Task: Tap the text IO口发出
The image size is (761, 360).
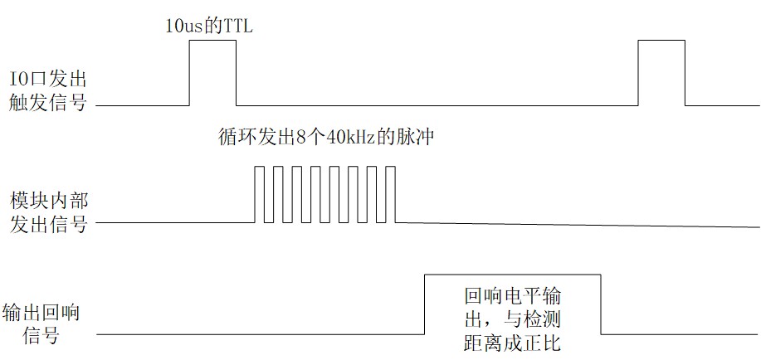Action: tap(47, 80)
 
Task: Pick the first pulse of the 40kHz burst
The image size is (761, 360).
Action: tap(260, 194)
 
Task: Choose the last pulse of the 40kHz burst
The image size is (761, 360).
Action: tap(391, 194)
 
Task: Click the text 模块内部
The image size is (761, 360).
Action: tap(47, 200)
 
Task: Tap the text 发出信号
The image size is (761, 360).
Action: tap(47, 224)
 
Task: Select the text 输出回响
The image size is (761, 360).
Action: tap(47, 312)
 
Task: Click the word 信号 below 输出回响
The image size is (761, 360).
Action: tap(47, 336)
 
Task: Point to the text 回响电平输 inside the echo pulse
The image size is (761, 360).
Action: tap(512, 295)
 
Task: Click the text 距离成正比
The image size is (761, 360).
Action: tap(512, 341)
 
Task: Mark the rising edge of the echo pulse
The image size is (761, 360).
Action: tap(424, 304)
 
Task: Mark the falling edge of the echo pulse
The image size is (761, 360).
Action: tap(600, 304)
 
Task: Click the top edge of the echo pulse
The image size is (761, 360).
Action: tap(512, 275)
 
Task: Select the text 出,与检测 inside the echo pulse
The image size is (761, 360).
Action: tap(512, 319)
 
